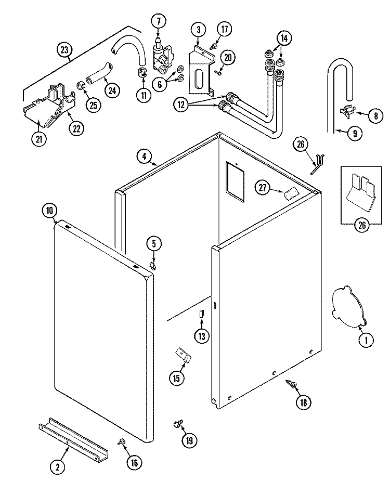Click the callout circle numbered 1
(x=366, y=341)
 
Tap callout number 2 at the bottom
(x=58, y=466)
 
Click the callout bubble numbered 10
(x=49, y=211)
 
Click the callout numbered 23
(x=64, y=50)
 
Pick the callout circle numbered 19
(x=189, y=440)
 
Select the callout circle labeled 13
(x=201, y=336)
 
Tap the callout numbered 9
(x=354, y=133)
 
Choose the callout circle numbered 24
(x=111, y=89)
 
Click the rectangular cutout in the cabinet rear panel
(x=234, y=180)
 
